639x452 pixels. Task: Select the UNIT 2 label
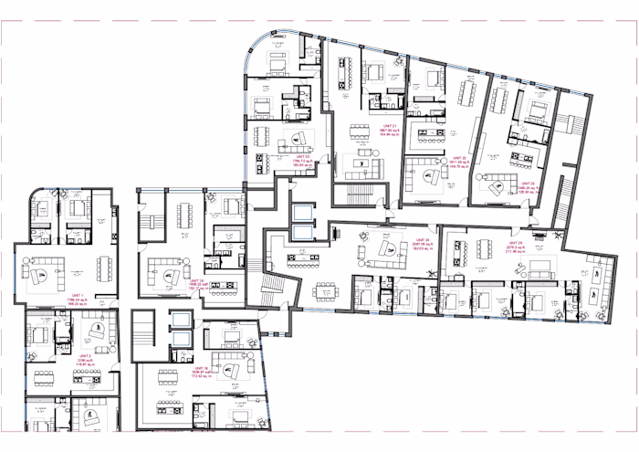pyautogui.click(x=84, y=356)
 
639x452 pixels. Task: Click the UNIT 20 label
pyautogui.click(x=301, y=156)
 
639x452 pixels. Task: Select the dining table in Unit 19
pyautogui.click(x=184, y=215)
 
